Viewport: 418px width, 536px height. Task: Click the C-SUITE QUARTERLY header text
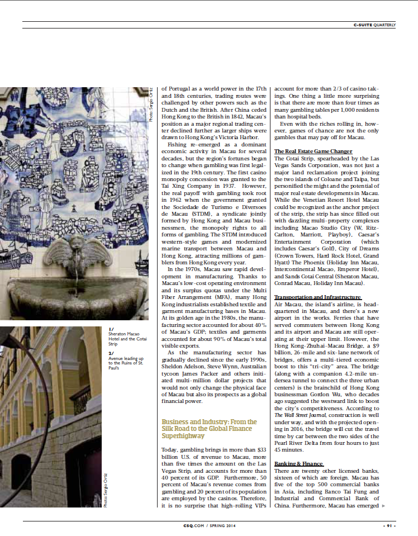pyautogui.click(x=374, y=25)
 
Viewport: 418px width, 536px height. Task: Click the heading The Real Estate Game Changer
pyautogui.click(x=313, y=151)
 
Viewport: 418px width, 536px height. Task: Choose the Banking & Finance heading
pyautogui.click(x=298, y=464)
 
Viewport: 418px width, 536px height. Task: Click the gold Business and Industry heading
pyautogui.click(x=210, y=428)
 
